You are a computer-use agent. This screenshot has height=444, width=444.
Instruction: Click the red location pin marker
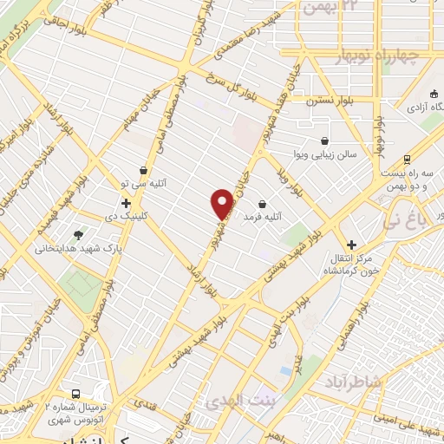tap(223, 203)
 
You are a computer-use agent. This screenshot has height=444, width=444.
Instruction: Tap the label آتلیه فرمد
tap(264, 216)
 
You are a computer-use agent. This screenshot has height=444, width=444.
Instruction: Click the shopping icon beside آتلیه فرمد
tap(262, 204)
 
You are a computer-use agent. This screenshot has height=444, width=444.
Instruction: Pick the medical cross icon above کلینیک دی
tap(126, 202)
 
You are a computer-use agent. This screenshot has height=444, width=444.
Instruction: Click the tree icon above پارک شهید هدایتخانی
tap(79, 235)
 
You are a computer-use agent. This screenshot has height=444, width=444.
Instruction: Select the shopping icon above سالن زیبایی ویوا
tap(324, 140)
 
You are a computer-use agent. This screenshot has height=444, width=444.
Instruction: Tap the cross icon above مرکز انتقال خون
tap(351, 245)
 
